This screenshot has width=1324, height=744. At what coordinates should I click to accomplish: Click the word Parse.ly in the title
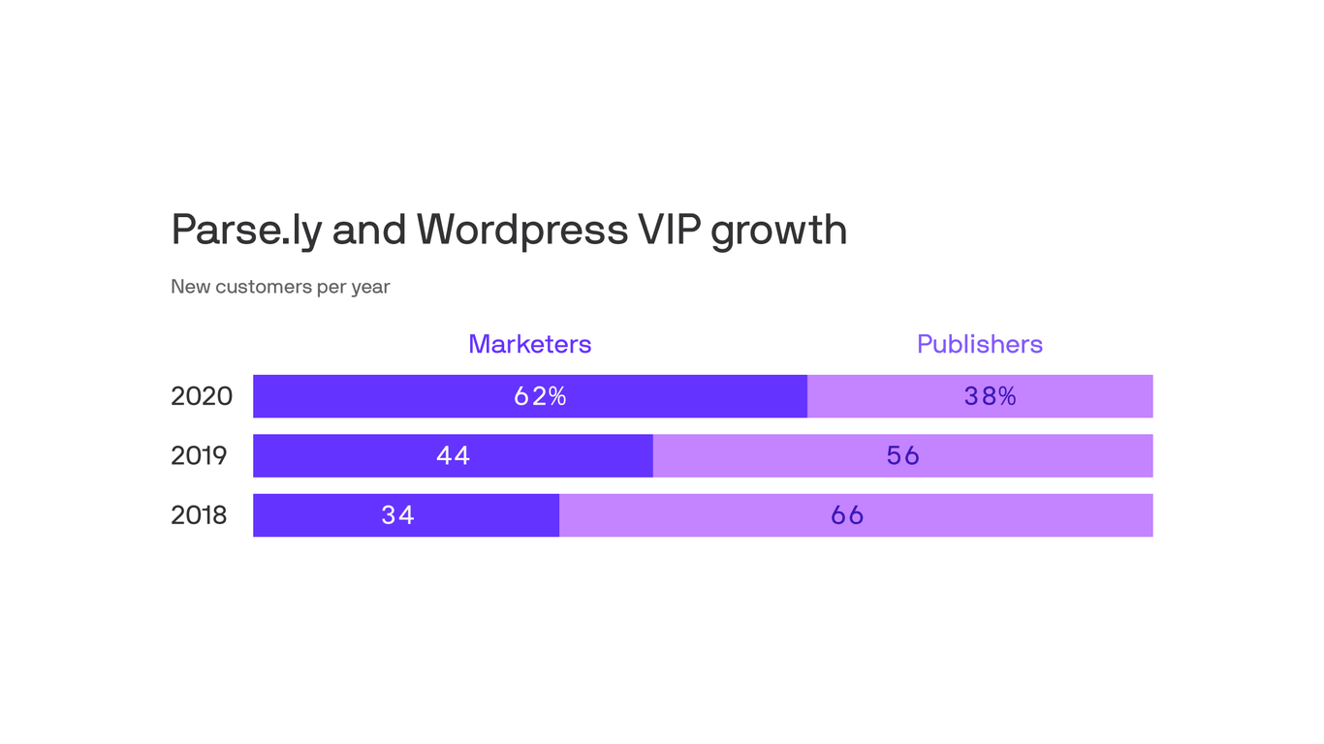246,231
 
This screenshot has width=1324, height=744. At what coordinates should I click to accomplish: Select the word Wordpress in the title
522,230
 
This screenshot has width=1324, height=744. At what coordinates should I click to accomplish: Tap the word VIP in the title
669,230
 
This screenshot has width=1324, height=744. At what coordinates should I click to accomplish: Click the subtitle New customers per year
280,287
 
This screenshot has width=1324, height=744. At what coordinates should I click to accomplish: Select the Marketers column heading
529,344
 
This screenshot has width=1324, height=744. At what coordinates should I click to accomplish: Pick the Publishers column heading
979,344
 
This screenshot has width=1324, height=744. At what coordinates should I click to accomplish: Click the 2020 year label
202,396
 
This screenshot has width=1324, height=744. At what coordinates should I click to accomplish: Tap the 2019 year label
199,455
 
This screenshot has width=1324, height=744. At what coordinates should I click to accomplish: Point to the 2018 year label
199,515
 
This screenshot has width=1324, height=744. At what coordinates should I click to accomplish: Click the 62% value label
540,396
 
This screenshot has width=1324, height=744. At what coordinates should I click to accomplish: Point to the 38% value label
990,396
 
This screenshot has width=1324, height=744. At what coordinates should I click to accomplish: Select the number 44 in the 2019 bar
453,455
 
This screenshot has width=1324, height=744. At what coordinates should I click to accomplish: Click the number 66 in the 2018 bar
847,515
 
